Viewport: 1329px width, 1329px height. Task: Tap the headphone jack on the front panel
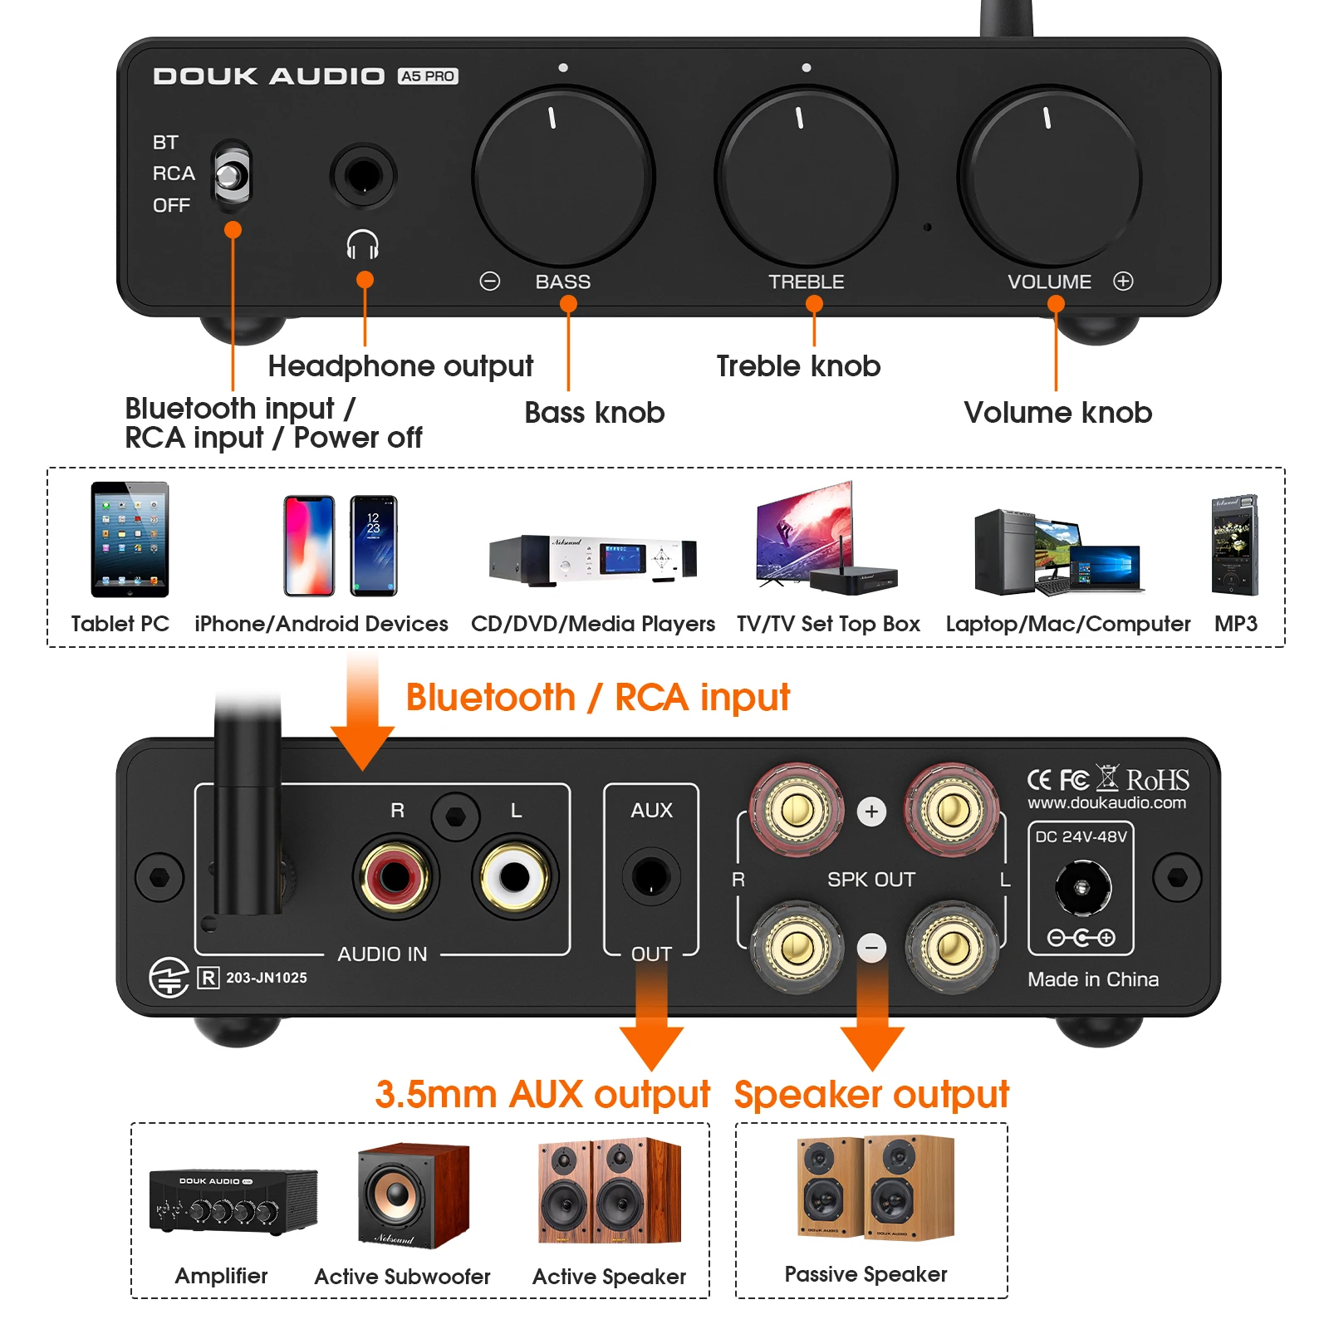[x=363, y=176]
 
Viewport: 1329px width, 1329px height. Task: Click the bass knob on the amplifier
[x=563, y=177]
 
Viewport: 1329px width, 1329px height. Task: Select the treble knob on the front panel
[x=806, y=177]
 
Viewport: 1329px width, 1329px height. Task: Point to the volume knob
[x=1049, y=177]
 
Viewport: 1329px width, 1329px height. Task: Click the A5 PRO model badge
[x=428, y=76]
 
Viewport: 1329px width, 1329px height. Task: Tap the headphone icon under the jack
[x=363, y=245]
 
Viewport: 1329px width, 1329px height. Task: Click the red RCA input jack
[x=395, y=876]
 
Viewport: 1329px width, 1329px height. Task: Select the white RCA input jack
[x=514, y=876]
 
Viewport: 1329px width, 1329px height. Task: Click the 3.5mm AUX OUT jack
[x=650, y=876]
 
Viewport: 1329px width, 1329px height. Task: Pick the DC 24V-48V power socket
[x=1081, y=887]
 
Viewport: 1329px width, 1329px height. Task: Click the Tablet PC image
[x=130, y=539]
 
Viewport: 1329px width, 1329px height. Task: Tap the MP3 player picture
[x=1235, y=545]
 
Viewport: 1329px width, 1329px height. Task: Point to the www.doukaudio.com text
[x=1106, y=803]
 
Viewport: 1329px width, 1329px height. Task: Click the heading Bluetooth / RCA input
[x=597, y=697]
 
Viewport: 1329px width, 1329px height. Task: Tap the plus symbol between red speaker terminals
[x=871, y=812]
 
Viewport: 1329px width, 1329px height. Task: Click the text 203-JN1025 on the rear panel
[x=266, y=978]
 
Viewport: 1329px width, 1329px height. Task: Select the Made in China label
[x=1092, y=979]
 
